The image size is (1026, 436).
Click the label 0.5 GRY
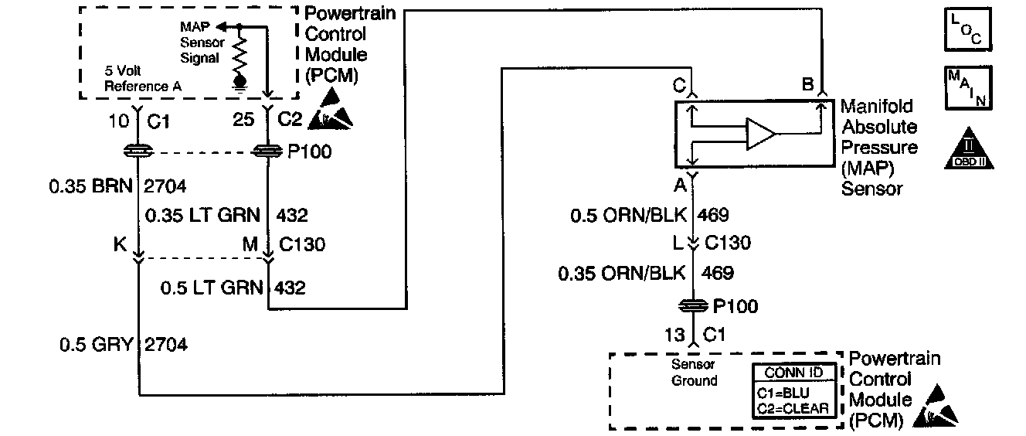97,345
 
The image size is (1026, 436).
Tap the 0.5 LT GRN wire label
210,288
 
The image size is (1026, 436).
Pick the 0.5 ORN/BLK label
627,215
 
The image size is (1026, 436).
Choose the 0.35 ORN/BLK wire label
622,272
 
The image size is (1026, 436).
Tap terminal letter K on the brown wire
121,244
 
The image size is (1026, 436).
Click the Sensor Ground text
693,373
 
